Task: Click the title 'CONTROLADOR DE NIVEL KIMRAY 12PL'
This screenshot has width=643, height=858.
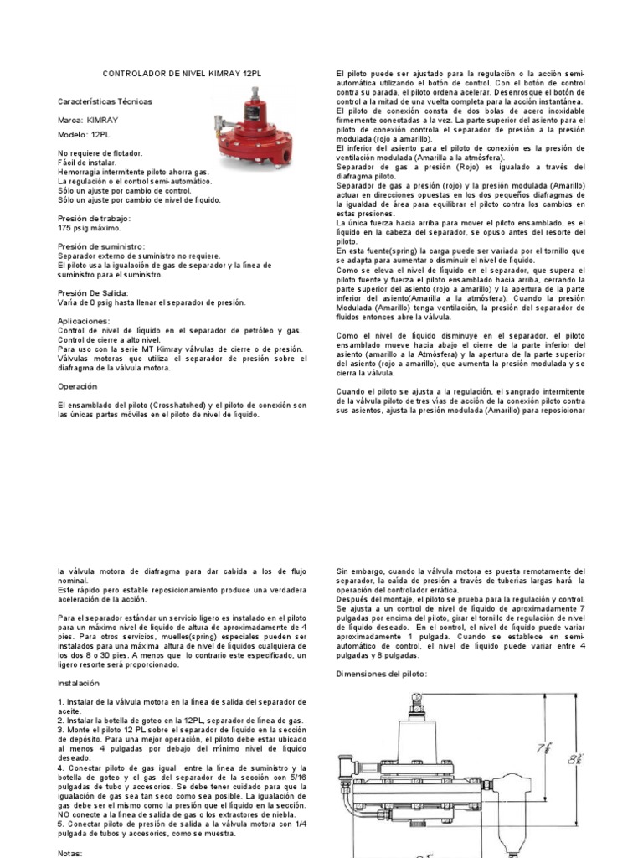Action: coord(182,74)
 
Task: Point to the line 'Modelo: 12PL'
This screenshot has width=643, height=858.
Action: coord(85,134)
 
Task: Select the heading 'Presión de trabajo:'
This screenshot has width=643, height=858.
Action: coord(95,218)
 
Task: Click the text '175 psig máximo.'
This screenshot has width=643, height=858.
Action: coord(90,228)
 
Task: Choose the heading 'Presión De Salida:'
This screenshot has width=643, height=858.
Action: coord(94,293)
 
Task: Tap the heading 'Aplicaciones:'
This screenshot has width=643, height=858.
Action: coord(85,321)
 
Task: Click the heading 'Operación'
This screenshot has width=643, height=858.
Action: coord(78,386)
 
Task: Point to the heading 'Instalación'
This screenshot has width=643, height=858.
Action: coord(80,683)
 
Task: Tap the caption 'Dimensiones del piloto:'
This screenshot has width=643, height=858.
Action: coord(381,674)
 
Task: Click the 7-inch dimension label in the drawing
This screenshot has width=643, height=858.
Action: coord(543,746)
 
